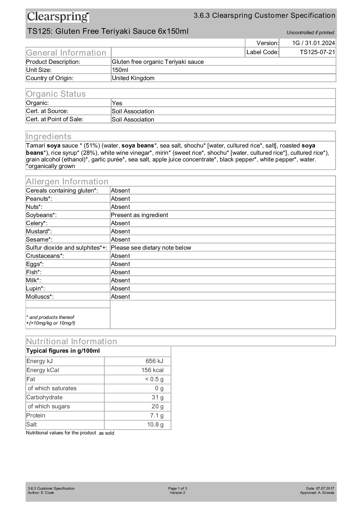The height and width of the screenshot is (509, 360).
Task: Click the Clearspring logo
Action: (58, 17)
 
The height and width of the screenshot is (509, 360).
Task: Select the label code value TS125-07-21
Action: (317, 52)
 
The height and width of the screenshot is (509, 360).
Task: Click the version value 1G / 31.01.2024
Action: (313, 43)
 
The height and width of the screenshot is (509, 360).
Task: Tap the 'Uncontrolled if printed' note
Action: (310, 33)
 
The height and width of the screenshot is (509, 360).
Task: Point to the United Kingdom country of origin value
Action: (133, 78)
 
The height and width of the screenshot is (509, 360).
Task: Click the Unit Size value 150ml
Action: (120, 70)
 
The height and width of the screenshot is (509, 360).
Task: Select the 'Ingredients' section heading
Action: (49, 136)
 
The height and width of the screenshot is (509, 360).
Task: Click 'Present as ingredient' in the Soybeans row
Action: (139, 215)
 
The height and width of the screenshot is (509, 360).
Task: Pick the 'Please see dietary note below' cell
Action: (151, 248)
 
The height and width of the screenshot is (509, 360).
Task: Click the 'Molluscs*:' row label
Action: (40, 297)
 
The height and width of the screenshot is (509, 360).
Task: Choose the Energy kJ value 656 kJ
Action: (154, 361)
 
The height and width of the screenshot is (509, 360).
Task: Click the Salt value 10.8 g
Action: (155, 424)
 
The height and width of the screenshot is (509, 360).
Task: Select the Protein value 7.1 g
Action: (157, 415)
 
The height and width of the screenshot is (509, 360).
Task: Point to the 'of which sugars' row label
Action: (49, 406)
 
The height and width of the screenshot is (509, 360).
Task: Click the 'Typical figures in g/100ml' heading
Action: (63, 351)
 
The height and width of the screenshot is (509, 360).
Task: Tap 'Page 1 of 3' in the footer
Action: (177, 488)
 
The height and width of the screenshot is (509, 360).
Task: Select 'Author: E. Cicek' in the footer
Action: (41, 493)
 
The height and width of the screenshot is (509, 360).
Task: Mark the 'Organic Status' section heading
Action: (56, 94)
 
